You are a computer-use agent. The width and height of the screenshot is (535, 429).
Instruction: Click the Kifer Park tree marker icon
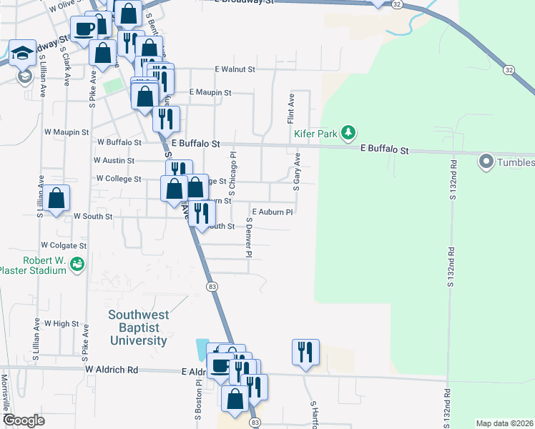pos(348,132)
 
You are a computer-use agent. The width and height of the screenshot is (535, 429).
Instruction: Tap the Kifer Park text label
pos(315,133)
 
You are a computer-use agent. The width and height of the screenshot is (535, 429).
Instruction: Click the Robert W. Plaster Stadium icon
pos(77,265)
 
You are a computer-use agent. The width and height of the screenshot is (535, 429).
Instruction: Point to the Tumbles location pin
pos(487,162)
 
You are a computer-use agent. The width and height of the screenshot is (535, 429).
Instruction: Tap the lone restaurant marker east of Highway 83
pos(305,352)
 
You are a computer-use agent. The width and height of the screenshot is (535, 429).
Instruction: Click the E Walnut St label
pos(235,69)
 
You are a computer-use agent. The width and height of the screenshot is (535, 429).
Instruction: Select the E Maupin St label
pos(210,93)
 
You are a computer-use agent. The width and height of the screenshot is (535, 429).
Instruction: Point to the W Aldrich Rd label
pos(111,370)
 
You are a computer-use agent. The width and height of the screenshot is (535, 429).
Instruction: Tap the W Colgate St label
pos(64,245)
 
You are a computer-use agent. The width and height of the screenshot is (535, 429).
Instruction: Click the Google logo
pos(24,420)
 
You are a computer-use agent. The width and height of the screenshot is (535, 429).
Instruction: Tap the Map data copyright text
pos(505,423)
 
